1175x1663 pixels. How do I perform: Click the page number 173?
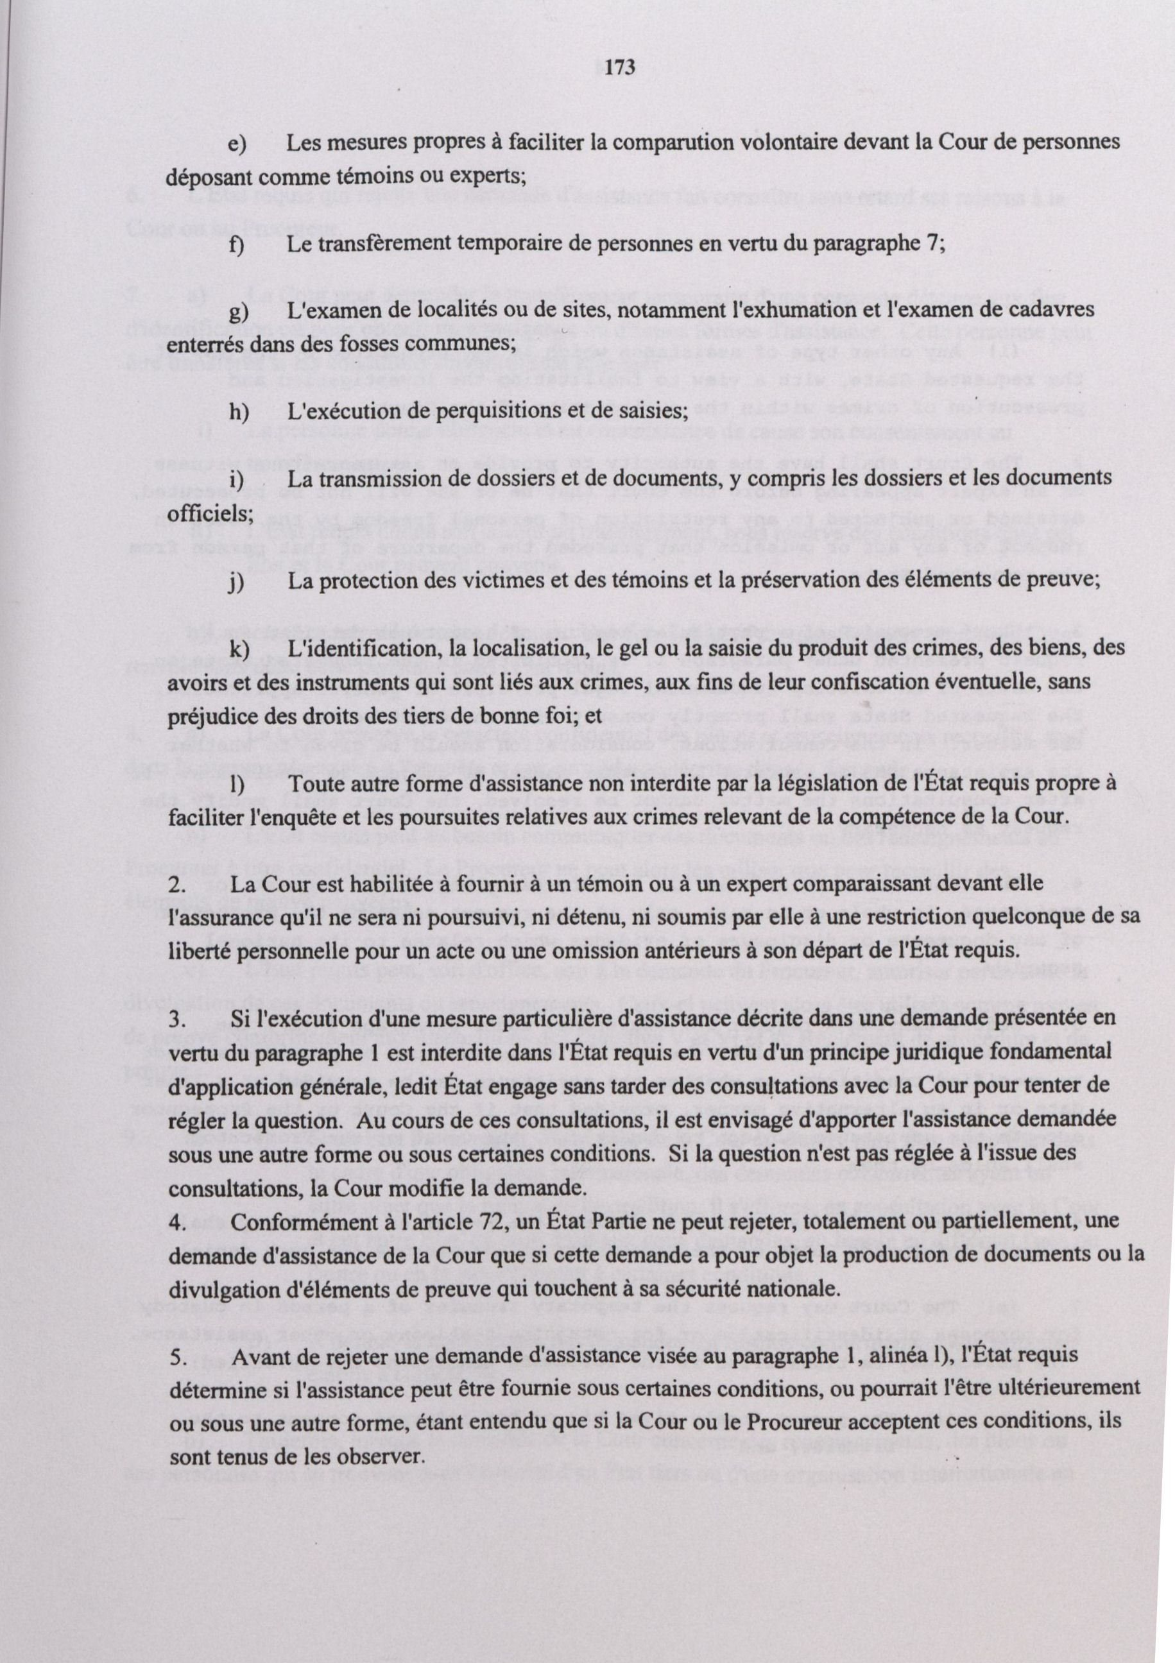click(x=619, y=68)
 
